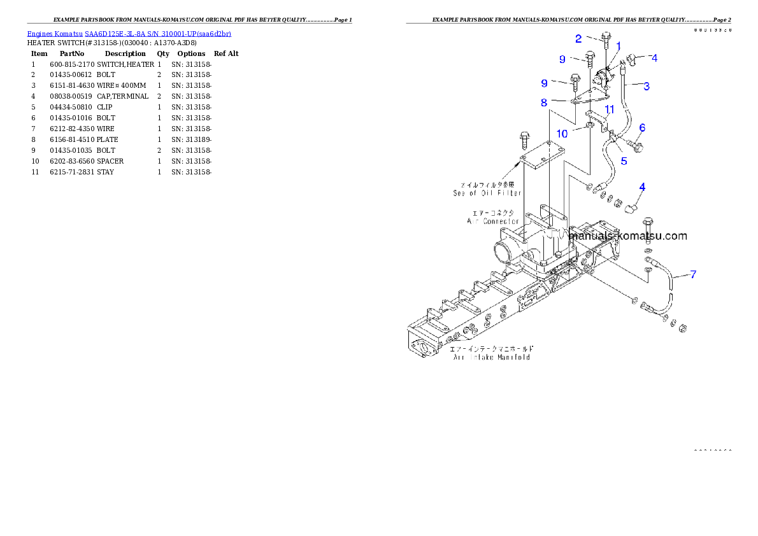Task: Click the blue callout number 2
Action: pos(578,39)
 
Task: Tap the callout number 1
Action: pos(618,45)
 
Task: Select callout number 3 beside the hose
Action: pos(646,86)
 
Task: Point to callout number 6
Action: pos(642,128)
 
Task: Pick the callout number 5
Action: pos(624,161)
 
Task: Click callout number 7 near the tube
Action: pos(693,274)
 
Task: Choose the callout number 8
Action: pos(544,102)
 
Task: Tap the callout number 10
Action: pos(562,134)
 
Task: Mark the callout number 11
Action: pos(609,109)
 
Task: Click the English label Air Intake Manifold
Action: pos(492,357)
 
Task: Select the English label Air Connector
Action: pos(493,221)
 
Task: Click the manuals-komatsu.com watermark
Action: pos(628,236)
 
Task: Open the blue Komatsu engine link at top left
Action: pos(129,33)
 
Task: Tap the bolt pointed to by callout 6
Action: pos(639,146)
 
